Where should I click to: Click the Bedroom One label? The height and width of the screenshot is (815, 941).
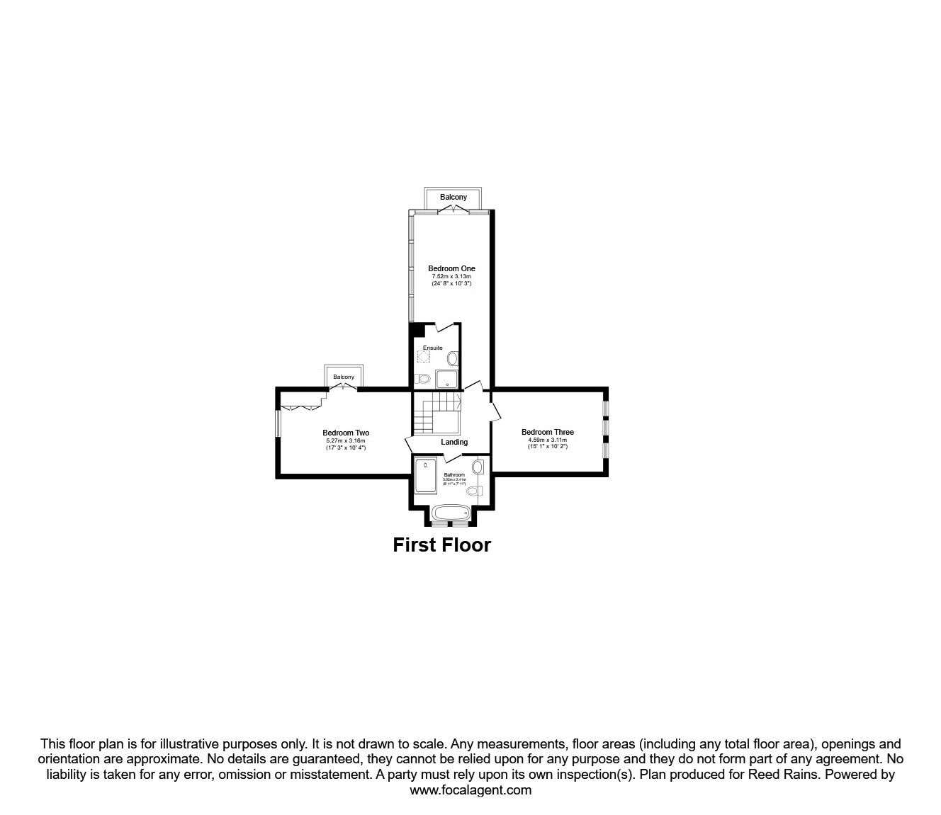pyautogui.click(x=451, y=268)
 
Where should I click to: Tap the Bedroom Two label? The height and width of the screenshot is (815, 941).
pyautogui.click(x=345, y=433)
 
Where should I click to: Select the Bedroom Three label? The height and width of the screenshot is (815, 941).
pyautogui.click(x=547, y=432)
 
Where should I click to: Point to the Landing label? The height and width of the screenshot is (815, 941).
pyautogui.click(x=454, y=442)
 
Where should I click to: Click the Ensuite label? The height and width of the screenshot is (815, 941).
pyautogui.click(x=433, y=348)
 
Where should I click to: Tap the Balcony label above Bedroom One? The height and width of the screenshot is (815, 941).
pyautogui.click(x=453, y=197)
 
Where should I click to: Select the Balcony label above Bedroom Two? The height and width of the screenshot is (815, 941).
pyautogui.click(x=344, y=377)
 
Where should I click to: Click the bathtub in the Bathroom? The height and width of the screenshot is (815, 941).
pyautogui.click(x=450, y=513)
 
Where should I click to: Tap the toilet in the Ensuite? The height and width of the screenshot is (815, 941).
pyautogui.click(x=422, y=379)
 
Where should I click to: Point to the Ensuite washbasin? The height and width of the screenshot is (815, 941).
pyautogui.click(x=452, y=358)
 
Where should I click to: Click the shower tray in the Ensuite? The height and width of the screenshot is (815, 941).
pyautogui.click(x=447, y=379)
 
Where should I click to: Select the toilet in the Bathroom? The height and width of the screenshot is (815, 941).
pyautogui.click(x=473, y=490)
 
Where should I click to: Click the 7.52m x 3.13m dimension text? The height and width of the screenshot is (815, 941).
pyautogui.click(x=451, y=276)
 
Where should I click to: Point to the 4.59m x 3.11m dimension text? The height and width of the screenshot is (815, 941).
pyautogui.click(x=547, y=440)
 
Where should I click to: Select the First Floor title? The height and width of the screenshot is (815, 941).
pyautogui.click(x=441, y=545)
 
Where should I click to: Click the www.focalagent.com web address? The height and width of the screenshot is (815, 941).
pyautogui.click(x=470, y=790)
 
